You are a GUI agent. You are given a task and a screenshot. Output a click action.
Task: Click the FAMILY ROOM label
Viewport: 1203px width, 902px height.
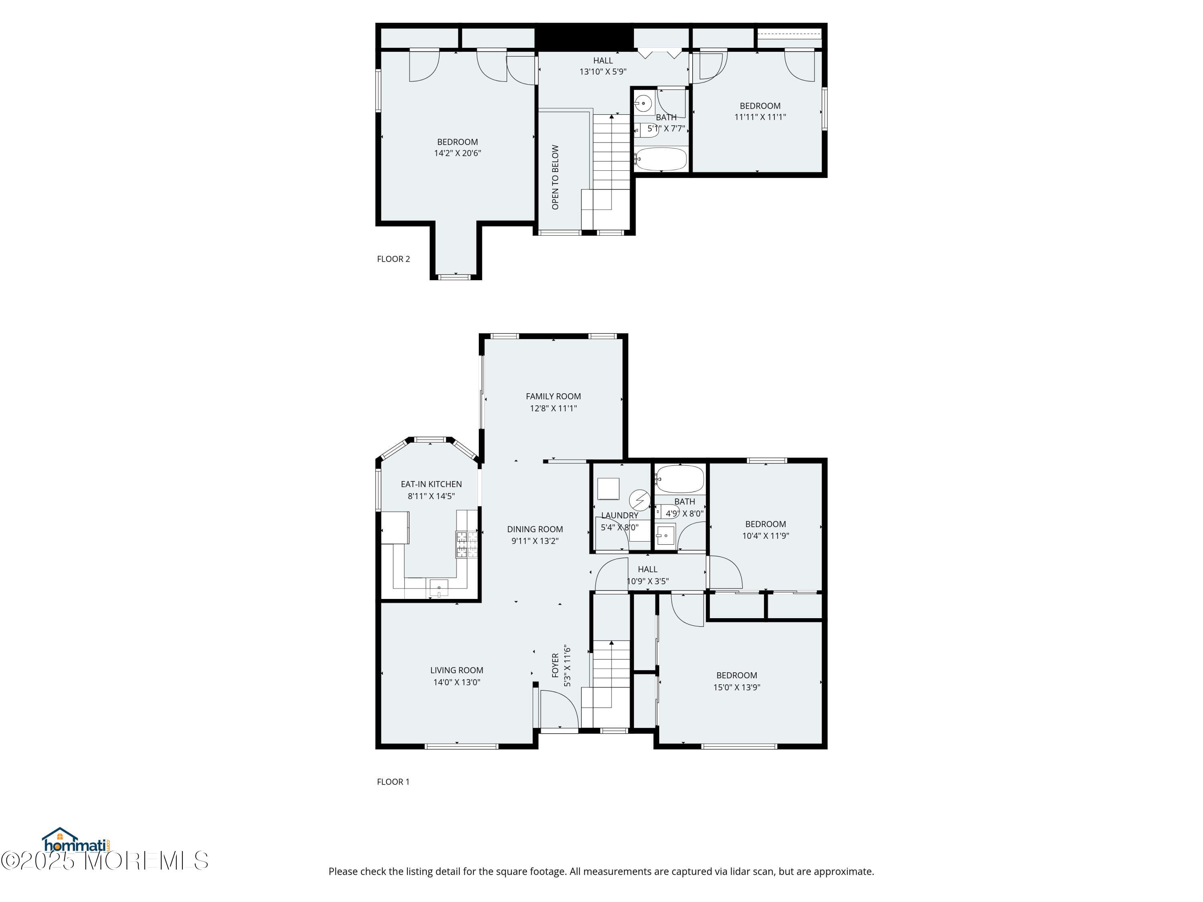coord(553,396)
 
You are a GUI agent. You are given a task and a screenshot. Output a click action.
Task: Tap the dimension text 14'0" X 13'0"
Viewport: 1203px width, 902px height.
coord(456,682)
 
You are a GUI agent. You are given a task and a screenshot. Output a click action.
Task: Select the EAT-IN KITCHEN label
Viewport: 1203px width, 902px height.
coord(431,484)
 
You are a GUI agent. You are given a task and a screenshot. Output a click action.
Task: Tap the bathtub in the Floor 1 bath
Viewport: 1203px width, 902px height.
coord(679,479)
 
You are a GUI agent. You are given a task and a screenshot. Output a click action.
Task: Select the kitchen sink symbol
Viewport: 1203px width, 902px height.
coord(439,588)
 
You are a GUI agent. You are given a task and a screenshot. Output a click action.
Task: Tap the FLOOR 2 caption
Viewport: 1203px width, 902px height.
coord(393,259)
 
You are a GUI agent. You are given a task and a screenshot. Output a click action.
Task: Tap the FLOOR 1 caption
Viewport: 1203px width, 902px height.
coord(393,781)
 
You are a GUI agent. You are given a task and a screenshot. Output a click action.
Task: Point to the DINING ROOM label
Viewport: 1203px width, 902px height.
coord(535,529)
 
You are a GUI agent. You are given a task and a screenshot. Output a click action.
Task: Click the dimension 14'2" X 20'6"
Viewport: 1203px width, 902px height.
coord(458,153)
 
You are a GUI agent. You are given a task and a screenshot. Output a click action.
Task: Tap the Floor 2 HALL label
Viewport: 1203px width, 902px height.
coord(603,61)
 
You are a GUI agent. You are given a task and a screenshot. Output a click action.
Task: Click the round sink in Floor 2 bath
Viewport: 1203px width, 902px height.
coord(643,103)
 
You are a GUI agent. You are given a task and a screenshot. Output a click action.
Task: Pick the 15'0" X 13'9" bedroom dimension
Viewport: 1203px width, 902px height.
coord(736,687)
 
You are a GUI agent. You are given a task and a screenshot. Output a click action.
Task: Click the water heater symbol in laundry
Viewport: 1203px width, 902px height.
coord(640,499)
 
